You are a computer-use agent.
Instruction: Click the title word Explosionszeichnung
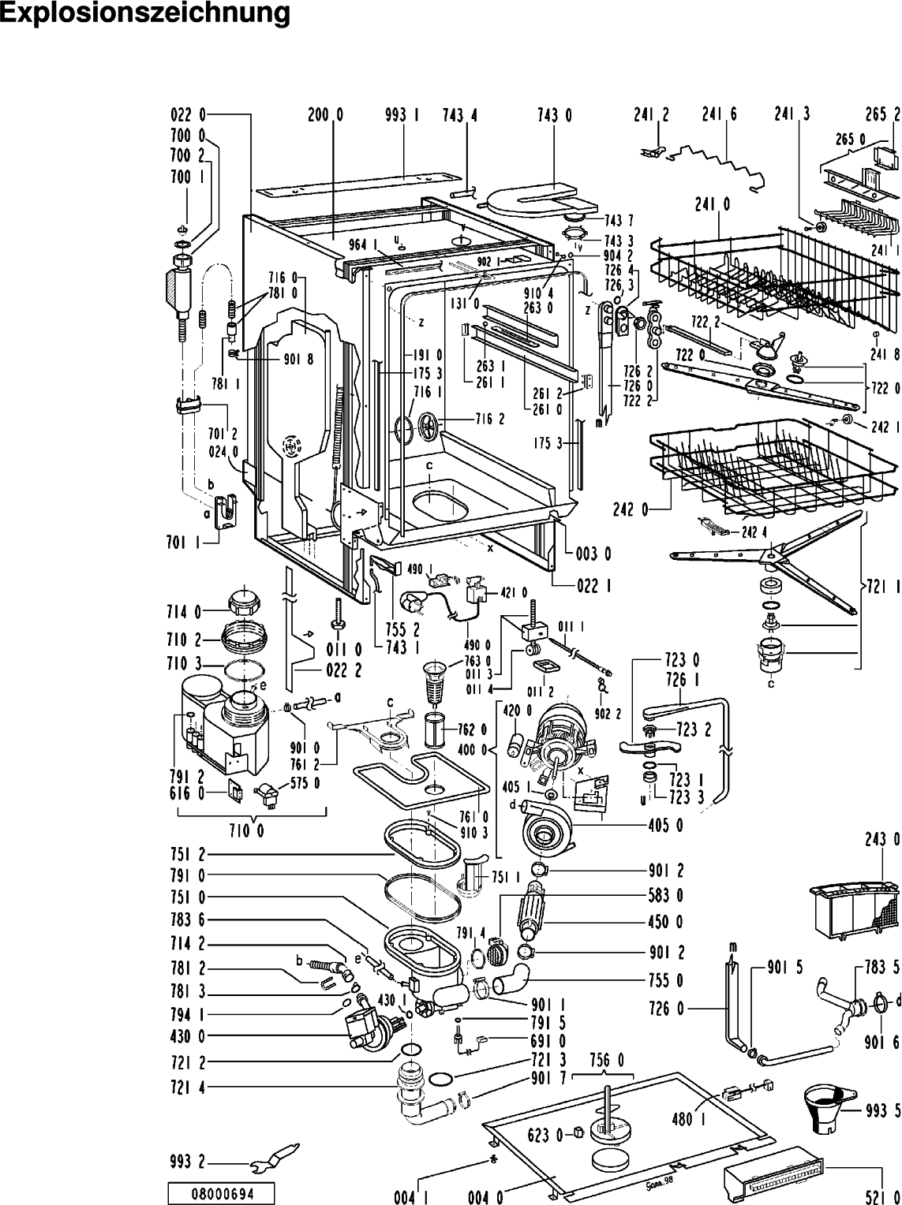[145, 14]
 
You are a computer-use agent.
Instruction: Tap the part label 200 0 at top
[325, 115]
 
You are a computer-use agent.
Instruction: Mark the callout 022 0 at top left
[187, 115]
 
